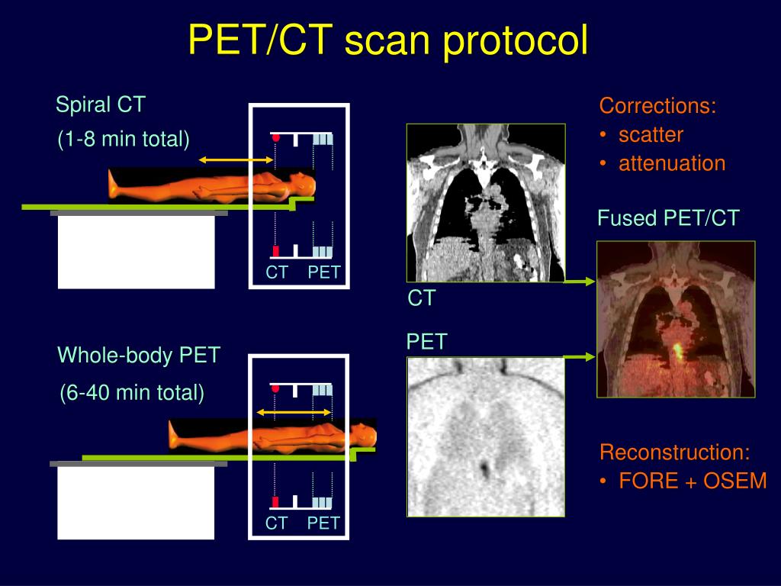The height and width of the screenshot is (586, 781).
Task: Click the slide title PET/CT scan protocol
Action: point(388,40)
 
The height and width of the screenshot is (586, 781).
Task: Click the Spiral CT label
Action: point(100,105)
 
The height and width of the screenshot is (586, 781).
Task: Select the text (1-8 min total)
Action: point(124,140)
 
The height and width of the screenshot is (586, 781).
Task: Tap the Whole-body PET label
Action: point(139,355)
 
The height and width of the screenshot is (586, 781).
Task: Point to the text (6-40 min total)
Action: point(132,393)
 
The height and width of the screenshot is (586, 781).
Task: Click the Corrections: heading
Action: point(657,106)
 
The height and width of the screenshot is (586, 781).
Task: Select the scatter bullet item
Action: point(650,135)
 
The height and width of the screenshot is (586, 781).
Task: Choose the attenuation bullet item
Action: point(671,163)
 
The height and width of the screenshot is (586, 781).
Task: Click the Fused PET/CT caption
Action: point(668,219)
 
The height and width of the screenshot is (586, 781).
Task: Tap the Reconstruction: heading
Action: point(675,452)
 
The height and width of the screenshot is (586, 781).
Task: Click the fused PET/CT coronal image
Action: point(676,319)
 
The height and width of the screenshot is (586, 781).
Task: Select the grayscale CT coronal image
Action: point(486,202)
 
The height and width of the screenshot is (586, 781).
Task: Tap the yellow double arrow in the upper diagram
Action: point(236,159)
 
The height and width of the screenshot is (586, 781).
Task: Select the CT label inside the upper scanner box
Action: point(277,272)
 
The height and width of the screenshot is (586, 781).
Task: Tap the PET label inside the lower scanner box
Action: point(323,523)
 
